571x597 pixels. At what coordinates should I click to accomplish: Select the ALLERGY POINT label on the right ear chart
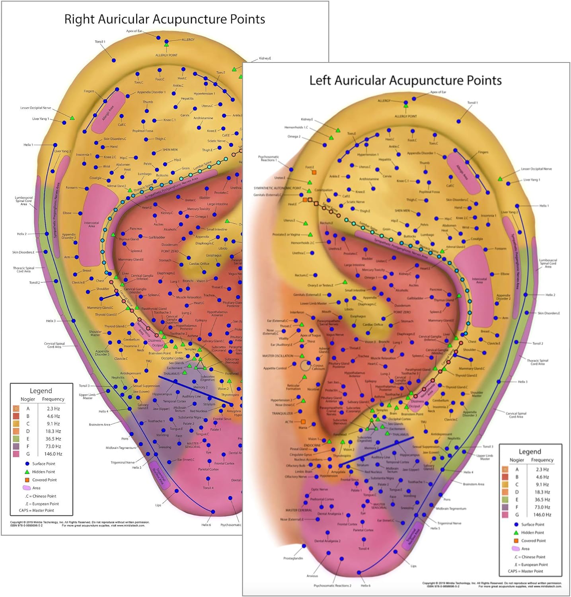(x=166, y=55)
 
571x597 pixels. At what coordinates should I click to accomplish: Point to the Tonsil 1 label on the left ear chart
(x=472, y=103)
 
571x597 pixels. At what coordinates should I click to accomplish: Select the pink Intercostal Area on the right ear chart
(x=92, y=224)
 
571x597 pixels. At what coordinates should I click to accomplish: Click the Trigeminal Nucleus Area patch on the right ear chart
(x=159, y=476)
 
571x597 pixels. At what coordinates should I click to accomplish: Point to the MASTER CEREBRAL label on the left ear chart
(x=298, y=510)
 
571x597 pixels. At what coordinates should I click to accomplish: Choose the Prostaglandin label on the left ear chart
(x=293, y=558)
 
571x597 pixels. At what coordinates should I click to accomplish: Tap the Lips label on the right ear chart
(x=158, y=505)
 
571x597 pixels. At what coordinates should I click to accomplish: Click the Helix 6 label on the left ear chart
(x=365, y=585)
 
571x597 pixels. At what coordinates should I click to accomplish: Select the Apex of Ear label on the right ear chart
(x=134, y=31)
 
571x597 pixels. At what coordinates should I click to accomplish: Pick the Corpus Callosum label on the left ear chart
(x=318, y=367)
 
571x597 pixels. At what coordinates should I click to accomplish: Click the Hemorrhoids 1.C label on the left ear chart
(x=296, y=127)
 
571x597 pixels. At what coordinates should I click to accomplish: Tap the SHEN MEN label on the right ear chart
(x=170, y=150)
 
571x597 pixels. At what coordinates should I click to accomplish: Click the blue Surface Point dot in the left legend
(x=516, y=525)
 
